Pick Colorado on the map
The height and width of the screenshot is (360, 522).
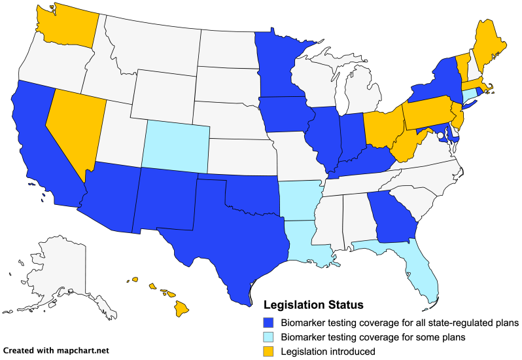(175, 144)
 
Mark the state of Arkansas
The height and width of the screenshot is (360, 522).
(301, 196)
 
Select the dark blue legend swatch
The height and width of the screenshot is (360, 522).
(266, 323)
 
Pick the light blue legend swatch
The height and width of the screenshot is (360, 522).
(266, 337)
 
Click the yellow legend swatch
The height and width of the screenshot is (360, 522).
(266, 351)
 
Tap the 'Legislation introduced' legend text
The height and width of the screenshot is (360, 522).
(327, 351)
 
